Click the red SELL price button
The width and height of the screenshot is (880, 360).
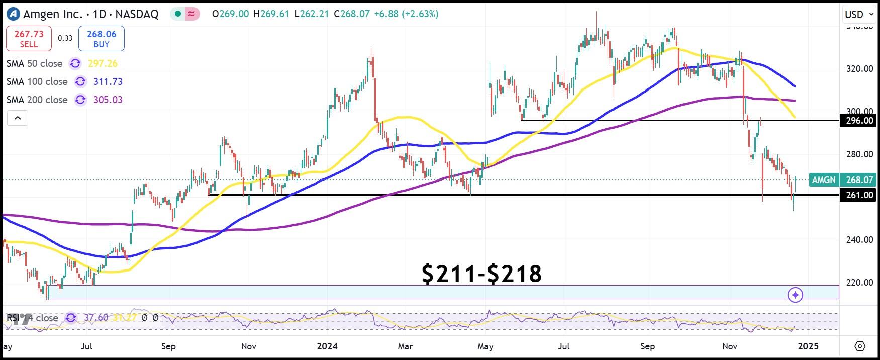point(29,39)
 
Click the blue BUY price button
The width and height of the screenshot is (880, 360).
point(102,39)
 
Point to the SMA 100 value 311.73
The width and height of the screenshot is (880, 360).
point(108,81)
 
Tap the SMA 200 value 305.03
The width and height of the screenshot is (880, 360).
point(108,100)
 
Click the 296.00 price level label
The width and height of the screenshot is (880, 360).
point(859,121)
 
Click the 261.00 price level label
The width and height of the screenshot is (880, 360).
point(859,195)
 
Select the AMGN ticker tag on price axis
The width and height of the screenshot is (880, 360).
point(824,179)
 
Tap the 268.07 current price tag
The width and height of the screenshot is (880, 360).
point(859,179)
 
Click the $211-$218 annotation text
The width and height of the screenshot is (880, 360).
point(481,274)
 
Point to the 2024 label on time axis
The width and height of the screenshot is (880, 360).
point(327,346)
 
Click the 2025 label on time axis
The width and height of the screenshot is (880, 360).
point(808,346)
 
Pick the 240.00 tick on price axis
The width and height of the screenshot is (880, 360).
point(859,240)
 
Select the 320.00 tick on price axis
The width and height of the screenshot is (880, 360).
point(859,69)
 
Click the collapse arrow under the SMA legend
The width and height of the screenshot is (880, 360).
point(18,118)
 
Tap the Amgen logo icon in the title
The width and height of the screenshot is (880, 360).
point(13,14)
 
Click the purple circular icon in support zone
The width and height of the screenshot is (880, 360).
point(795,295)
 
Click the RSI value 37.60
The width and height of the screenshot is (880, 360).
point(95,318)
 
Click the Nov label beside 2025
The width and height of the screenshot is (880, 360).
point(730,346)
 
